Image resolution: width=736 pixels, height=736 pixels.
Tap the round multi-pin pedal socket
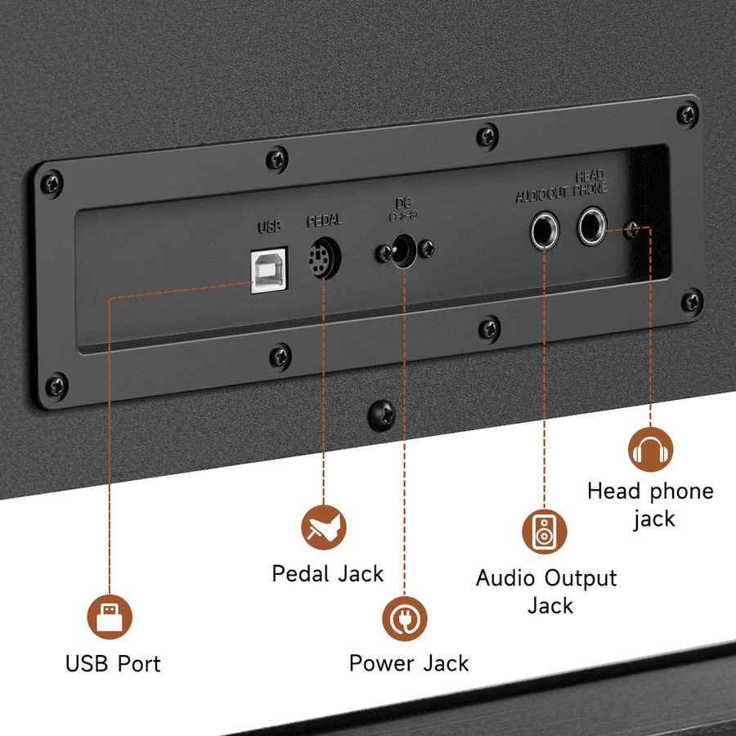point(323,261)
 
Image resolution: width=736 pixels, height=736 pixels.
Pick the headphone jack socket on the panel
point(592,225)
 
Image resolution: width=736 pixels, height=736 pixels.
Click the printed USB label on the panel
point(269,227)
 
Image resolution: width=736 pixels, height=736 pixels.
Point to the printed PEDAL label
point(325,221)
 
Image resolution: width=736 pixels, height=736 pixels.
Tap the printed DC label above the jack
point(403,203)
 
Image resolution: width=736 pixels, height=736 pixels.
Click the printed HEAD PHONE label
point(590,184)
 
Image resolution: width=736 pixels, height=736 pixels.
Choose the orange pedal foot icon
point(324,527)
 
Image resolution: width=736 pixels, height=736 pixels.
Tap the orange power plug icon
point(405,618)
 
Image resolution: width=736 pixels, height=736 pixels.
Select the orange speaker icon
point(544,531)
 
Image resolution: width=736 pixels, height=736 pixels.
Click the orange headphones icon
point(651,448)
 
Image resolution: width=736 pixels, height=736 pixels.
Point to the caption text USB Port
point(113,662)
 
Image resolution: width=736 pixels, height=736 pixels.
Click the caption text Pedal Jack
point(327,573)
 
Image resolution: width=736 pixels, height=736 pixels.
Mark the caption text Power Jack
point(409,662)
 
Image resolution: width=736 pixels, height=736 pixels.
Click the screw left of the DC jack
point(381,254)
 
